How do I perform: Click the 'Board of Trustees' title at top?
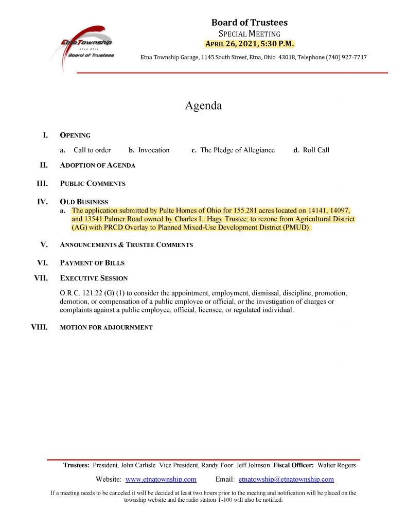250,23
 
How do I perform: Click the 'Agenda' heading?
203,106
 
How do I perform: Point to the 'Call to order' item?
92,150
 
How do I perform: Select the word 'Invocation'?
154,150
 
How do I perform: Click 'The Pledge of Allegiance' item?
237,150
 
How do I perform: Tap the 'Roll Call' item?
316,150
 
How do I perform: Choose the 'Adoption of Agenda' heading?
98,165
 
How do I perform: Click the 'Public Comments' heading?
93,183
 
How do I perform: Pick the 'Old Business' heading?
84,202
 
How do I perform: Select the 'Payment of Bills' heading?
92,263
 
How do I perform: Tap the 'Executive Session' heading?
94,278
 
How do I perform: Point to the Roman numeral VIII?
40,327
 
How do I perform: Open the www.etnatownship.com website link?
161,479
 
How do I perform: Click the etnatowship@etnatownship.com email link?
286,479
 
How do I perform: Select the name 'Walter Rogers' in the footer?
337,465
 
